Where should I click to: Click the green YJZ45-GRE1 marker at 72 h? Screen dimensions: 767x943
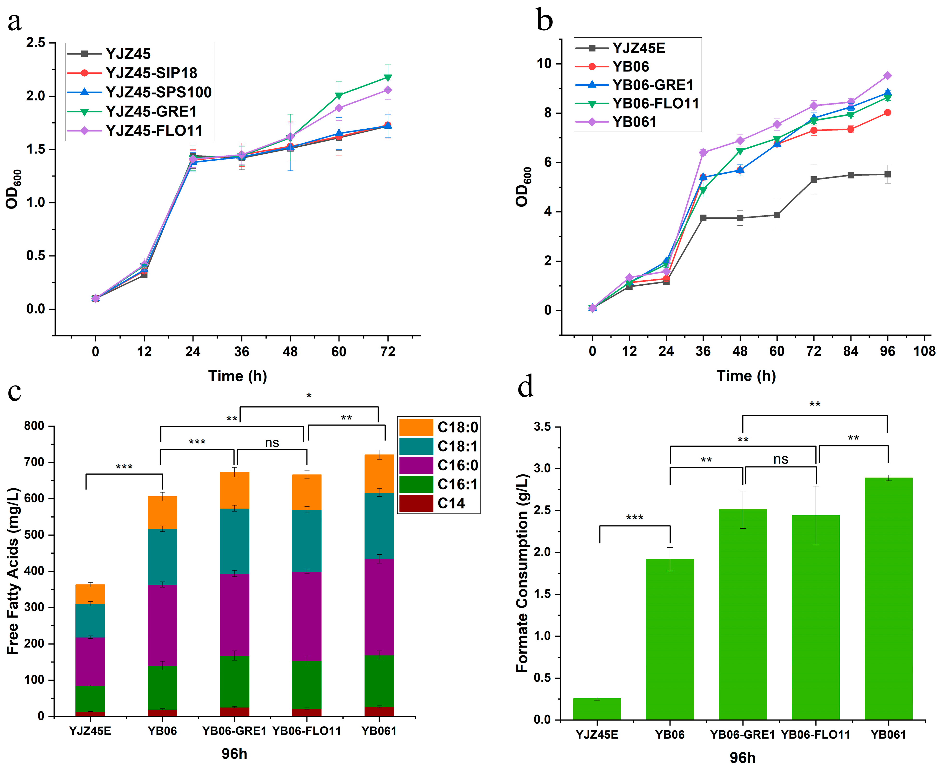click(x=388, y=78)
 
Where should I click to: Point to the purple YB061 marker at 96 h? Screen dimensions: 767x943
click(x=887, y=76)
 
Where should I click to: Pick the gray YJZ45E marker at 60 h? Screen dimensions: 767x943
click(x=777, y=215)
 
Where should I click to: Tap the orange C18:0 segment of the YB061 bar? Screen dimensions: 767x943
click(x=379, y=474)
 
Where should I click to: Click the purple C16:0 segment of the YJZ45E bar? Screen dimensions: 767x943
click(x=90, y=662)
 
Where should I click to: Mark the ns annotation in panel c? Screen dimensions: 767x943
click(x=272, y=443)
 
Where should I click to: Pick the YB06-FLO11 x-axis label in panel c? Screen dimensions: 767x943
click(x=306, y=731)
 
